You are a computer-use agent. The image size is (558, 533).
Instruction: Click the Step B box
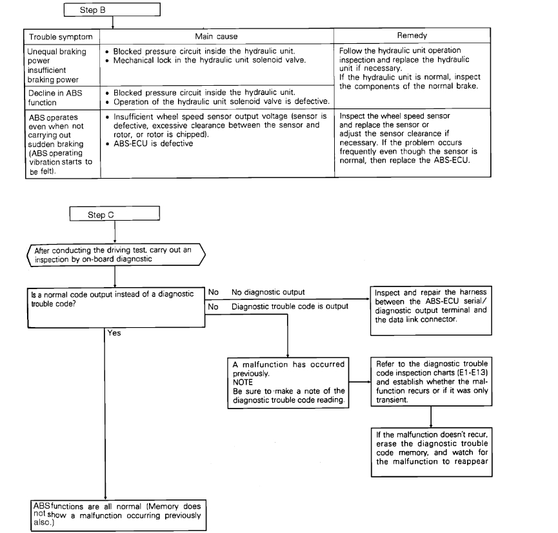coord(113,10)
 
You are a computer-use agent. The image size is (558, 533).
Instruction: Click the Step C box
coord(113,214)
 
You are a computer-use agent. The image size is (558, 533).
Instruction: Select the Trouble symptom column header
coord(61,37)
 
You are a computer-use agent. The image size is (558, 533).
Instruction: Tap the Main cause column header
coord(217,37)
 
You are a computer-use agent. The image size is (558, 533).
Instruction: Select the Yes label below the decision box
coord(115,334)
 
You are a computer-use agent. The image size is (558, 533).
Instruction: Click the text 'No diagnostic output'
coord(268,292)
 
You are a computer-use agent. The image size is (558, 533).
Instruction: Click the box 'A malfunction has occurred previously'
coord(288,381)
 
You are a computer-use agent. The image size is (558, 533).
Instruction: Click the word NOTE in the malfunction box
coord(243,381)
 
